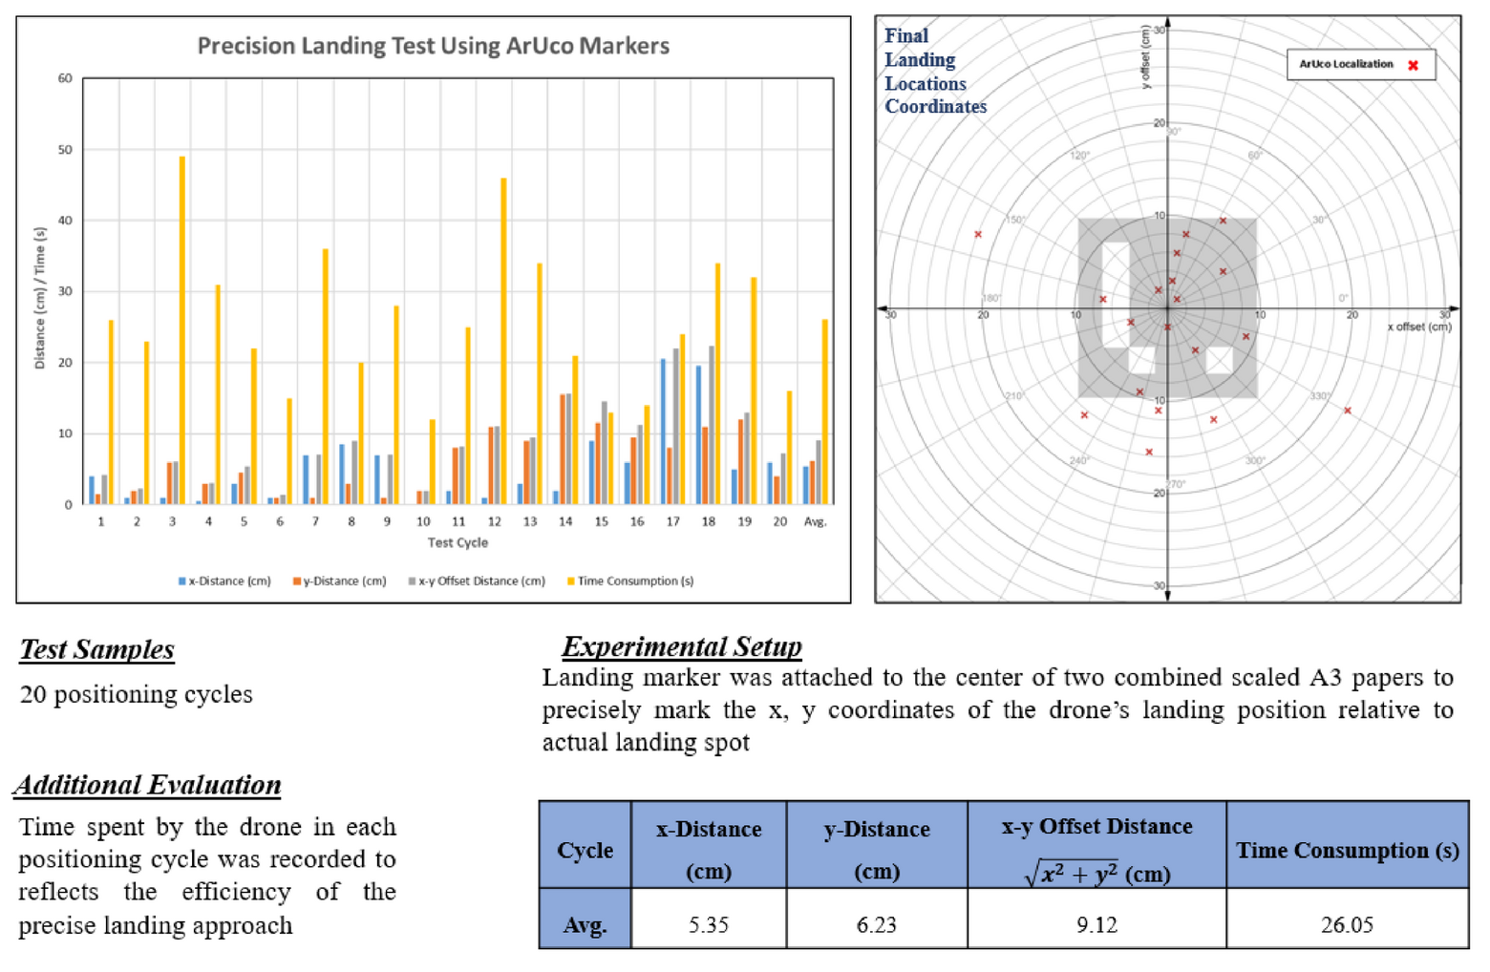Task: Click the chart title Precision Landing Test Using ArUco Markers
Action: tap(433, 46)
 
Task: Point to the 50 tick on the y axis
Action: tap(65, 150)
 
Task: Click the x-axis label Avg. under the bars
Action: tap(815, 521)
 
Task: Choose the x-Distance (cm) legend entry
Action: tap(224, 581)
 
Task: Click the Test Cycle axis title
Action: tap(458, 542)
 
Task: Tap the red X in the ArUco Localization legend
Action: tap(1413, 65)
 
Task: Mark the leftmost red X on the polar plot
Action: tap(978, 234)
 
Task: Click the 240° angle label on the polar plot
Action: tap(1078, 460)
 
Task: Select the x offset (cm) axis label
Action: tap(1418, 327)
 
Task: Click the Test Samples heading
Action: tap(97, 649)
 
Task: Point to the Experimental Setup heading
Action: tap(681, 646)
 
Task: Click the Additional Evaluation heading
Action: tap(148, 785)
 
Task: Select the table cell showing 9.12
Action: tap(1096, 924)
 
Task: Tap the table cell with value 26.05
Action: tap(1347, 924)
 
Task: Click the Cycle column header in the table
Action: tap(585, 850)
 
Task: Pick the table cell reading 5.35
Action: tap(708, 924)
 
